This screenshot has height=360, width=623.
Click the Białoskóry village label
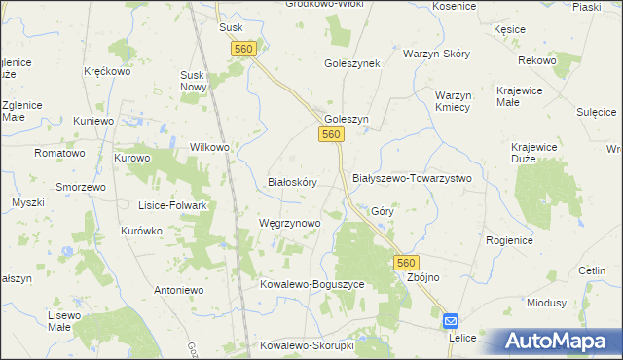point(292,182)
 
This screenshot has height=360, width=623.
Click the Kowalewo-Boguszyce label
point(311,284)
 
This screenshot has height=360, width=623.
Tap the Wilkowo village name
point(208,147)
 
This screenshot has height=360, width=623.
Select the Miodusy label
point(546,303)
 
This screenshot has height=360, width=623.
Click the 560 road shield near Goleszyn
point(332,134)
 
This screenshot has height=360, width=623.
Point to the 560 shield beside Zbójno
point(407,263)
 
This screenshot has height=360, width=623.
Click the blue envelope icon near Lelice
point(452,320)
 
